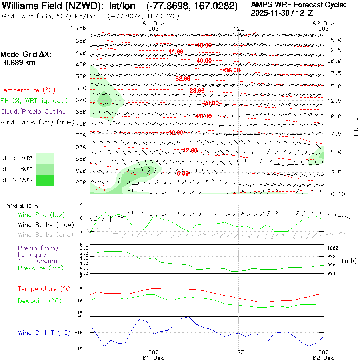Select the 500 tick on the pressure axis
tap(81, 76)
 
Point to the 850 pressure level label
tap(81, 159)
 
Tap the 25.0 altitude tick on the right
tap(334, 40)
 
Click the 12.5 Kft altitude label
tap(334, 101)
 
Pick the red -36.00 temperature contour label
tap(232, 70)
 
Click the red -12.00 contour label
tap(190, 150)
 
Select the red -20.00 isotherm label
tap(204, 116)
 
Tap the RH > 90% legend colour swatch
tap(45, 180)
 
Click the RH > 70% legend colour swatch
tap(45, 158)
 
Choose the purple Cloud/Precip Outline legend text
tap(33, 112)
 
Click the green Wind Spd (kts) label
tap(41, 215)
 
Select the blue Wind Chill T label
tap(44, 333)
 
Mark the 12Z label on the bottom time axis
tap(238, 353)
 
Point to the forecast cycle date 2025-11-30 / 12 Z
tap(282, 13)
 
